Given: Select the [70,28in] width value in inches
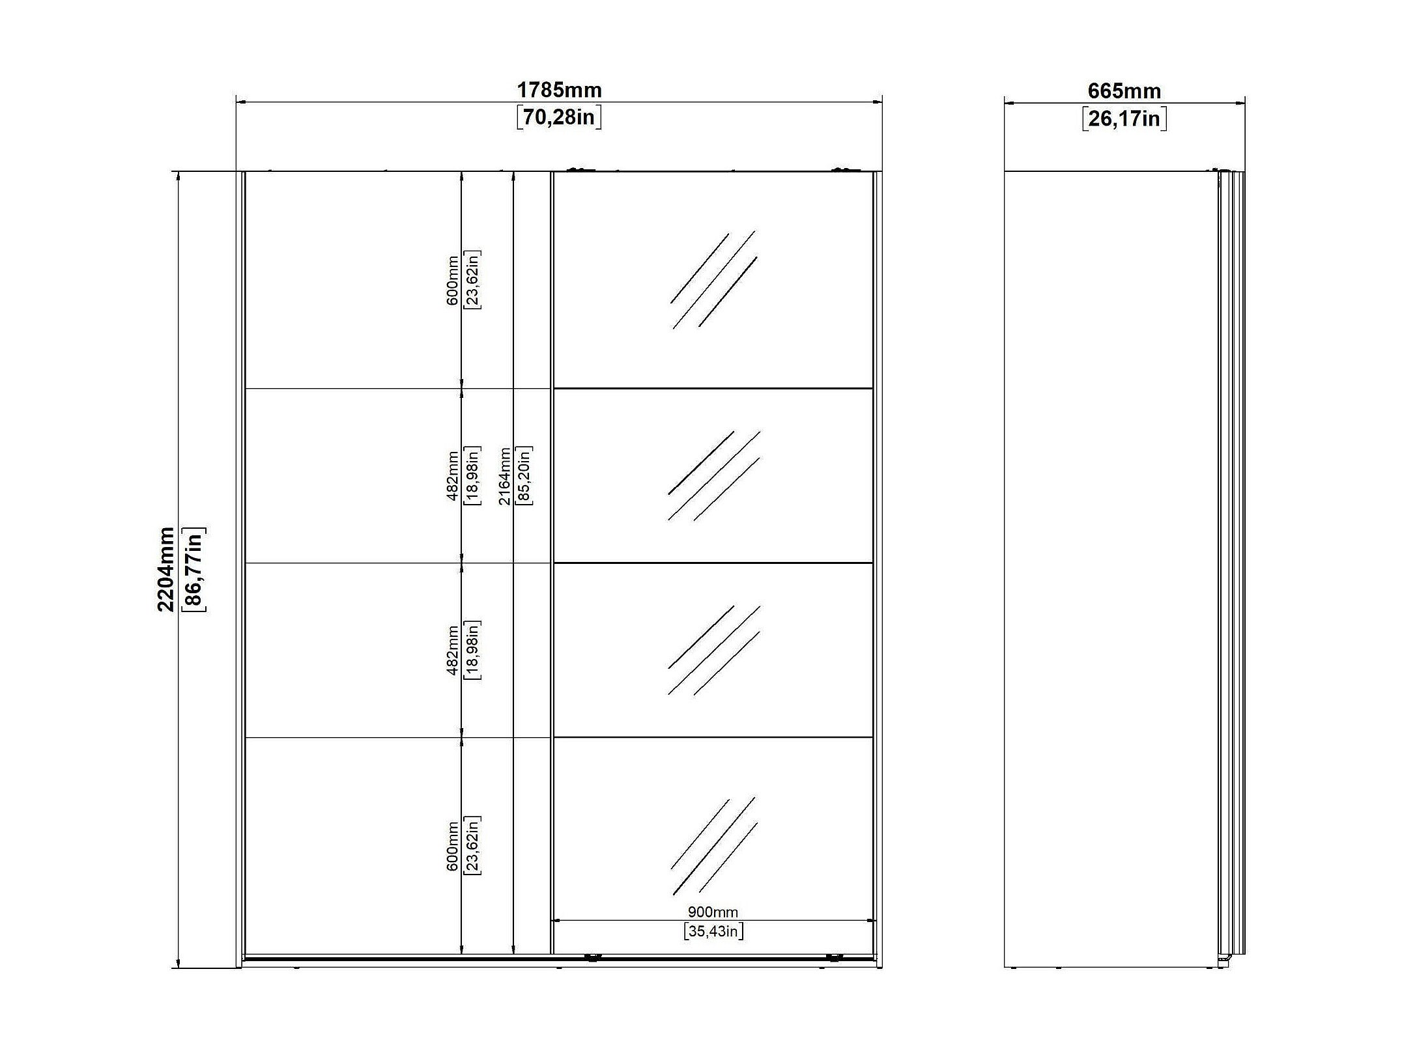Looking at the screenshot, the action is [559, 117].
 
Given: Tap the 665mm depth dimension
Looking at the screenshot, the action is [1124, 91].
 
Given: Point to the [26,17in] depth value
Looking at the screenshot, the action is [1124, 119].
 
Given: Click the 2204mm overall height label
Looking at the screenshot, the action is [166, 570].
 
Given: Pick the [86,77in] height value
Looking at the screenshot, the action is [194, 570].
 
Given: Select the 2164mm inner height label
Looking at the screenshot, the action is [504, 476].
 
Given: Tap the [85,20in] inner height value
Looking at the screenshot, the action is [524, 476].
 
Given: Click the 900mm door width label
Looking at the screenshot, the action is [713, 912].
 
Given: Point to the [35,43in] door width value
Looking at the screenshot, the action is [713, 931].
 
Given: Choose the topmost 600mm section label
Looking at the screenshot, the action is [453, 281].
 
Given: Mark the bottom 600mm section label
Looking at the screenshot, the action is [453, 847].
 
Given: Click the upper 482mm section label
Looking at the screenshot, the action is [453, 476].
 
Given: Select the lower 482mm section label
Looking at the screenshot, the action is [453, 651].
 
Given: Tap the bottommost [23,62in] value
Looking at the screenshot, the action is [472, 845].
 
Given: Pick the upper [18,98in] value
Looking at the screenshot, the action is [472, 476].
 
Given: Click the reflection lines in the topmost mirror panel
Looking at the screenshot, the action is [714, 280].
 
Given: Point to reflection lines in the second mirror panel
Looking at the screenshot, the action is [714, 476].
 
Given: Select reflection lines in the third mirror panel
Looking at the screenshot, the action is [714, 651].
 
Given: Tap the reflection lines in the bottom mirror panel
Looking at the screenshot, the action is [714, 845].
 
